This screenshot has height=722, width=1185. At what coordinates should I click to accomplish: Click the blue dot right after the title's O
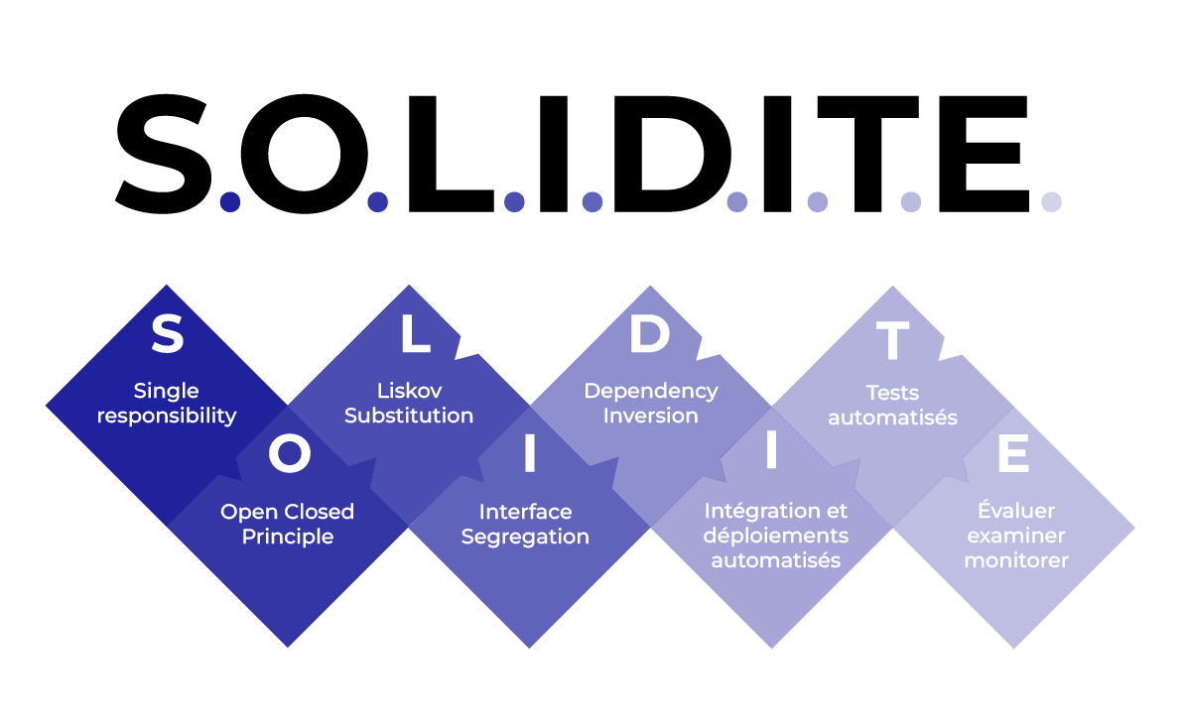pos(377,201)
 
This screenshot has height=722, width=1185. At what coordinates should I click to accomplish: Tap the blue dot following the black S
pos(230,201)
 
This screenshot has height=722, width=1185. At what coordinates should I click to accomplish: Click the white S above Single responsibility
pos(167,335)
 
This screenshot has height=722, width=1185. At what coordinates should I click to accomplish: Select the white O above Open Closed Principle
pos(289,454)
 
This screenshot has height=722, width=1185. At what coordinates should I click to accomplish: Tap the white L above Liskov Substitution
pos(414,335)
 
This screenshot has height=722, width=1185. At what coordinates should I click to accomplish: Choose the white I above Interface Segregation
pos(529,454)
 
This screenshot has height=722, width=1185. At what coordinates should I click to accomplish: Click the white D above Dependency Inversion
pos(650,335)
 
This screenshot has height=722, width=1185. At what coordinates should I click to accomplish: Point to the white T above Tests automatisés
pos(892,340)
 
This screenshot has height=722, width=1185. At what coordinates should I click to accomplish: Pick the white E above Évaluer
pos(1013,454)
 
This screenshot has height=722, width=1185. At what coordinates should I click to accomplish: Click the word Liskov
pos(409,391)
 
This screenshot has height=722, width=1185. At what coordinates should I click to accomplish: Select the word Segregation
pos(525,538)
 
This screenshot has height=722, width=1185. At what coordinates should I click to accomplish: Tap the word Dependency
pos(650,391)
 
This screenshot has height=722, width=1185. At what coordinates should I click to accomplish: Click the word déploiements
pos(775,536)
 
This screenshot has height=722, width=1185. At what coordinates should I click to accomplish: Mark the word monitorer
pos(1015,560)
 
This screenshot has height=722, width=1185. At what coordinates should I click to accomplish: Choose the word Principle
pos(287,538)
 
